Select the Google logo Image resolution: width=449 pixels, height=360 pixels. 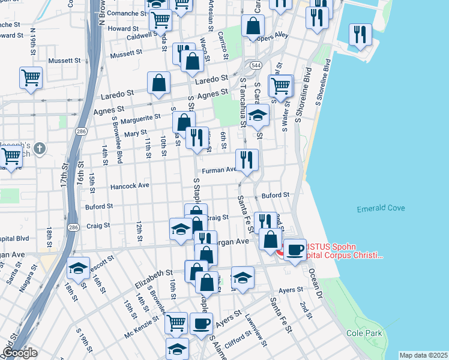tap(20, 353)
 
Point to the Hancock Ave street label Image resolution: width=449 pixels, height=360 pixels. tap(130, 186)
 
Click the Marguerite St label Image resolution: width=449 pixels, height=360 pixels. tap(140, 118)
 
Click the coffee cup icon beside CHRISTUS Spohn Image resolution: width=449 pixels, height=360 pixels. tap(294, 249)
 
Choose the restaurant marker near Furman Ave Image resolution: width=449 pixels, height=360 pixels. tap(247, 160)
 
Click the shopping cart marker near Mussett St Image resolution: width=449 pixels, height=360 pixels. tap(31, 77)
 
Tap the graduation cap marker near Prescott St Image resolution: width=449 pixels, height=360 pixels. tap(78, 268)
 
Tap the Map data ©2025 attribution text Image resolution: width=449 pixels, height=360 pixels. tap(423, 355)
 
